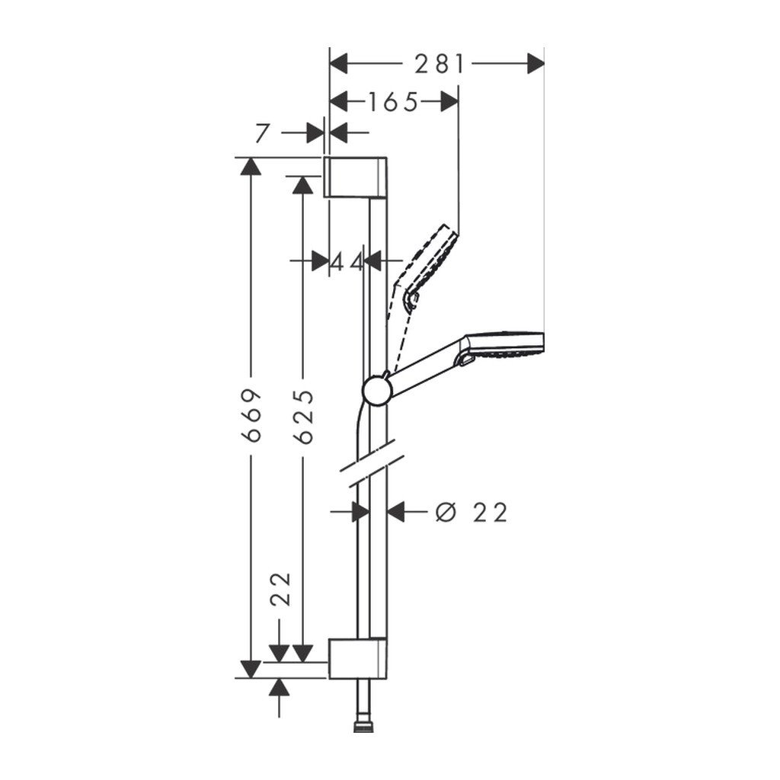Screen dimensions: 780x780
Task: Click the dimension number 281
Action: (439, 64)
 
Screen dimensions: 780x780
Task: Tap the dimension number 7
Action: (263, 133)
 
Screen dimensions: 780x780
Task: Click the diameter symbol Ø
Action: (446, 513)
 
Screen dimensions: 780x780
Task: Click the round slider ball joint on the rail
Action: (376, 391)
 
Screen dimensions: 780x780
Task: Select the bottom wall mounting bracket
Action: (359, 658)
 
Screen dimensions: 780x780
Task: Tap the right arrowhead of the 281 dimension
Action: (536, 64)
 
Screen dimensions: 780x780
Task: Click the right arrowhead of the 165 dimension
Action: (450, 101)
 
